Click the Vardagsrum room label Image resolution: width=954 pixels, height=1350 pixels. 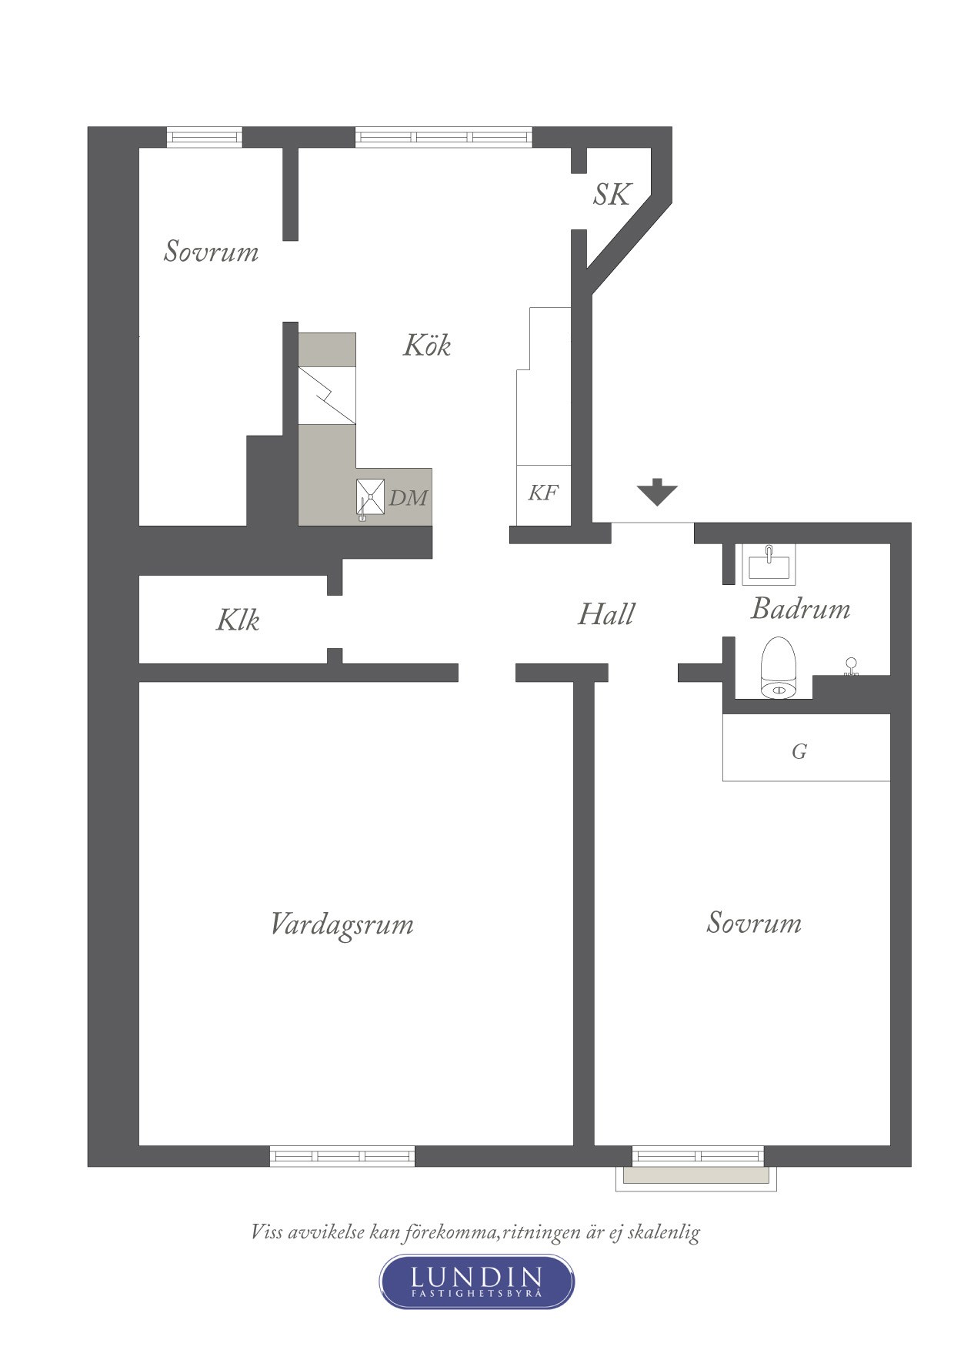click(342, 924)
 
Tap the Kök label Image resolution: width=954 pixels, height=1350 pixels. click(427, 345)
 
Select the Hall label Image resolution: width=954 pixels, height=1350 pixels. click(606, 614)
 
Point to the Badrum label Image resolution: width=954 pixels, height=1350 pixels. click(800, 609)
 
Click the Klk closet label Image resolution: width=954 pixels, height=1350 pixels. click(238, 620)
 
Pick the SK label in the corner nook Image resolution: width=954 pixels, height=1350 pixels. click(612, 195)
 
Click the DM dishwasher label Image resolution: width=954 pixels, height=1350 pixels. click(408, 498)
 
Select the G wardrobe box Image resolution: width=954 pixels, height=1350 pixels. click(806, 747)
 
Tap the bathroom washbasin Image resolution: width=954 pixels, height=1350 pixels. click(769, 564)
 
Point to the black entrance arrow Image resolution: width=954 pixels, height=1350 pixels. click(657, 492)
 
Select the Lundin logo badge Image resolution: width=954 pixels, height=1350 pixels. click(477, 1281)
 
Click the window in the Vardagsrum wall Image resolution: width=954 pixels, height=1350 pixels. click(342, 1155)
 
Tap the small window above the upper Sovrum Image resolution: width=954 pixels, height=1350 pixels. click(205, 137)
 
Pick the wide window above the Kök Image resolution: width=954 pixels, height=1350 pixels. click(444, 137)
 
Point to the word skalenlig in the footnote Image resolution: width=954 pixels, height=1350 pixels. click(664, 1232)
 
